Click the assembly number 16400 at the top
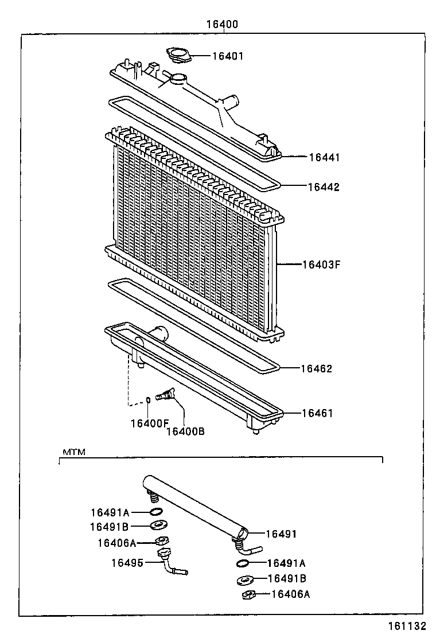[222, 25]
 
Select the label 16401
[228, 56]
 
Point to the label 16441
[324, 157]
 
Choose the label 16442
[324, 187]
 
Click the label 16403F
[322, 265]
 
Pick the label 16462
[316, 369]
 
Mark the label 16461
[317, 413]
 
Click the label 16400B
[185, 431]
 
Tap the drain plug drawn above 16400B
[167, 395]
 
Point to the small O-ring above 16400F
[148, 400]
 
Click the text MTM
[73, 452]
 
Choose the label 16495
[127, 563]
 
